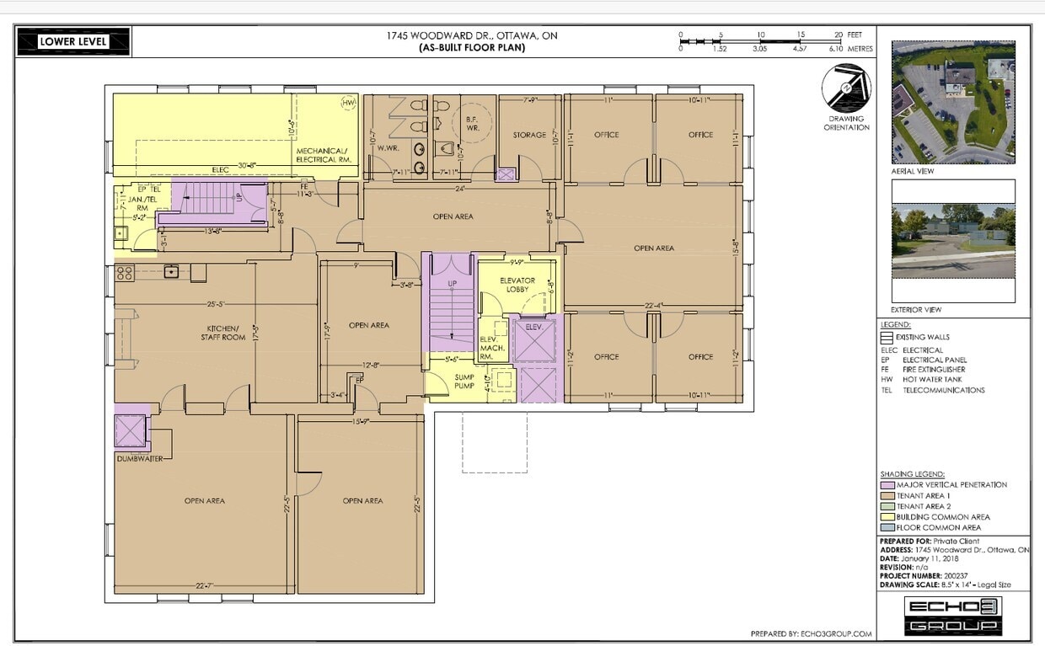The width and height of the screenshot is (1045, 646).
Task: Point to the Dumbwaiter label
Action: click(x=140, y=458)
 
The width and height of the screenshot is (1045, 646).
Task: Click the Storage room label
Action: click(x=529, y=135)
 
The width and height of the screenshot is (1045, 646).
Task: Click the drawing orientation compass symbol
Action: click(x=846, y=88)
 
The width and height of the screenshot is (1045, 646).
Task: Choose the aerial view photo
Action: click(x=952, y=102)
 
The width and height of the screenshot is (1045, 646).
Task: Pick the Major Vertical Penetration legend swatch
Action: click(x=887, y=485)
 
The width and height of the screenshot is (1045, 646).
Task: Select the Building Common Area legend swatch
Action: click(x=887, y=517)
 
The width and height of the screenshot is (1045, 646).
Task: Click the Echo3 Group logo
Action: click(x=953, y=616)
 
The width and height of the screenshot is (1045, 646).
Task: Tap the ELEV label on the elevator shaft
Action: click(x=533, y=326)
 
